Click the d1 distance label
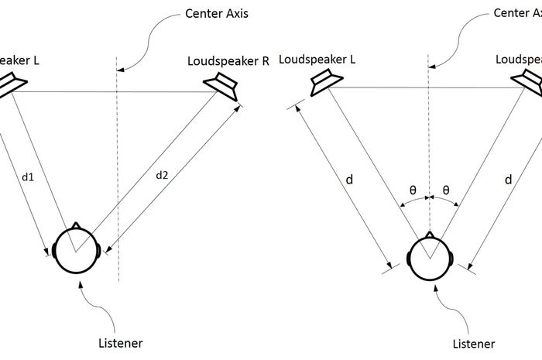coord(28,177)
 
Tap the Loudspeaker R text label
coord(228,61)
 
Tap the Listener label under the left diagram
coord(121,341)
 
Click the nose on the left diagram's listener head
coord(75,226)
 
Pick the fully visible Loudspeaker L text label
coord(317,59)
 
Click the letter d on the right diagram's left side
coord(350,180)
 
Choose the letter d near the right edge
coord(508,180)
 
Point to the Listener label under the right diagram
coord(473,341)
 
